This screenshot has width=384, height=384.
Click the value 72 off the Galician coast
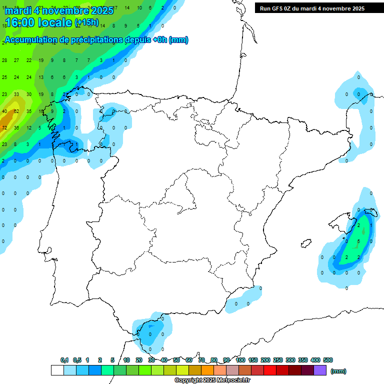coord(4,128)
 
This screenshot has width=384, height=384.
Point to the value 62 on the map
coord(16,111)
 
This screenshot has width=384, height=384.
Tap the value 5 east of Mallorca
coord(358,241)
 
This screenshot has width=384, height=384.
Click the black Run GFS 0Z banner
coord(312,8)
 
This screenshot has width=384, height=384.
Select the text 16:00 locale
coord(38,22)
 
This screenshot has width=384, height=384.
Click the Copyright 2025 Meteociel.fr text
coord(212,380)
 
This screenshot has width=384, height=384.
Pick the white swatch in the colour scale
coord(57,370)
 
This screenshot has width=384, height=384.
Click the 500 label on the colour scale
coord(328,360)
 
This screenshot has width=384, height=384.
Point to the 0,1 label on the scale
coord(64,360)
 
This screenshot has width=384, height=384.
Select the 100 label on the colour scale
coord(240,360)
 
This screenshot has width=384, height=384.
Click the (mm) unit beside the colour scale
coord(338,371)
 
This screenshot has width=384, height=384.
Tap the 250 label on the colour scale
coord(278,360)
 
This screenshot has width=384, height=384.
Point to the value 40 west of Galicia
coord(4,111)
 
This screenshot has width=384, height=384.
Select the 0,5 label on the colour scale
coord(77,360)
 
